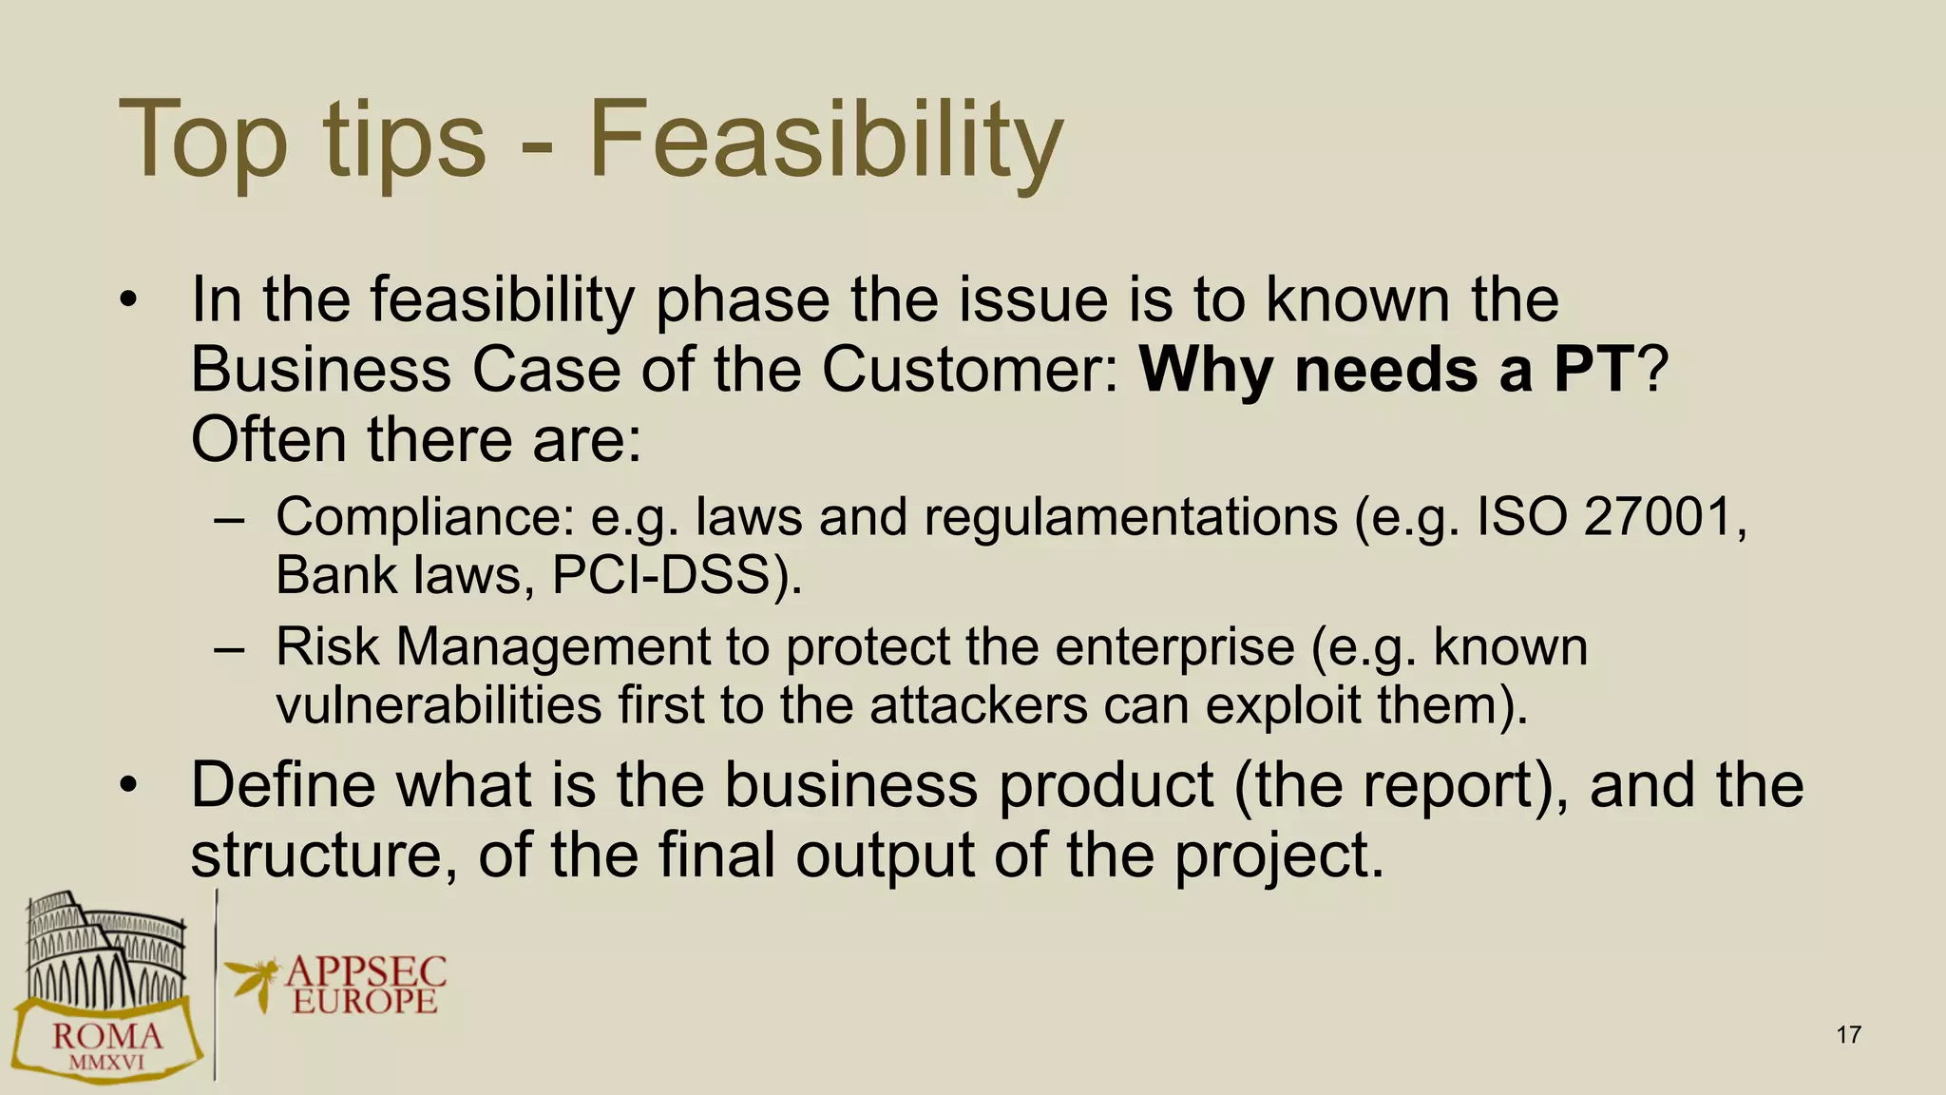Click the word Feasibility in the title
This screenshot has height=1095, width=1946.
click(825, 141)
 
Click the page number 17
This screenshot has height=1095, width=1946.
click(1848, 1035)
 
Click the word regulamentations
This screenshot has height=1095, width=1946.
click(1130, 517)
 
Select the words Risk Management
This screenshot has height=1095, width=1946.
click(493, 647)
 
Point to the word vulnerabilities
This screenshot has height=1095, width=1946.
click(438, 705)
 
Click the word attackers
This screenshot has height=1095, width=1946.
click(978, 705)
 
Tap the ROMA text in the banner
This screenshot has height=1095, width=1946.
click(106, 1037)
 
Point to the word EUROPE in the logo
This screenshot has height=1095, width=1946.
click(365, 1001)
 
